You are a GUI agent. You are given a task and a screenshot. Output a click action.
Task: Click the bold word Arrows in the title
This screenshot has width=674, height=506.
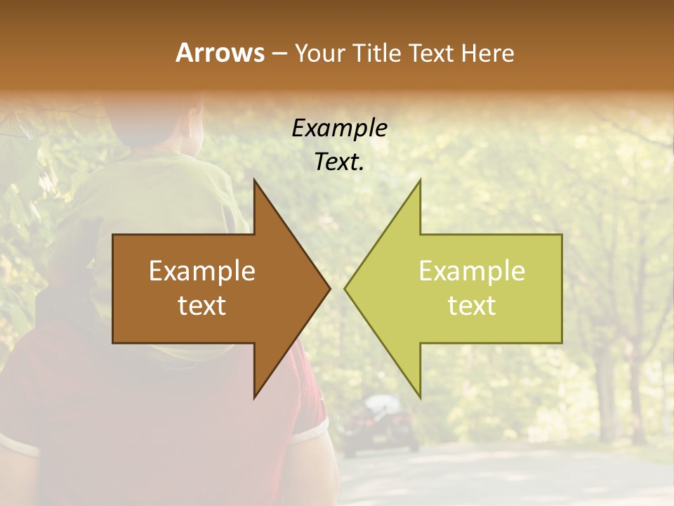point(220,53)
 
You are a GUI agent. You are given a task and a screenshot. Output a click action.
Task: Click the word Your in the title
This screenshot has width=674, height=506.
point(319,53)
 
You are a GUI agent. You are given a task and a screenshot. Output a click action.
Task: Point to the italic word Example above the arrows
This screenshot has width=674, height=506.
point(340,129)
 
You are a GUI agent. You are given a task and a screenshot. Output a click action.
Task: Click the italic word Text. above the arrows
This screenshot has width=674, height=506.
point(340,162)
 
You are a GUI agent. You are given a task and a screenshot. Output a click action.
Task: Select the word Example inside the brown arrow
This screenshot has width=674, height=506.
point(202,271)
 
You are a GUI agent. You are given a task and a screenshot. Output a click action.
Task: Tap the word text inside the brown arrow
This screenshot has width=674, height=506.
point(202,306)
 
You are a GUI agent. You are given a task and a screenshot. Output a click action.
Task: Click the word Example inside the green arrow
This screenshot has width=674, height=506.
point(472,271)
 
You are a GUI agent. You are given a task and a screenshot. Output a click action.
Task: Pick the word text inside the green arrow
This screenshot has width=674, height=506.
point(472,306)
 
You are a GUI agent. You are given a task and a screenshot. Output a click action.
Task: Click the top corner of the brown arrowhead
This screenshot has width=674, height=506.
point(255,181)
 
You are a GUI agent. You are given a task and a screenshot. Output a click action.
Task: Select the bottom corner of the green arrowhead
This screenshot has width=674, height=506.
point(420,397)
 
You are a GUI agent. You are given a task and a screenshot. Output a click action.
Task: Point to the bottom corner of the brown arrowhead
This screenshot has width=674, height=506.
point(255,397)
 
